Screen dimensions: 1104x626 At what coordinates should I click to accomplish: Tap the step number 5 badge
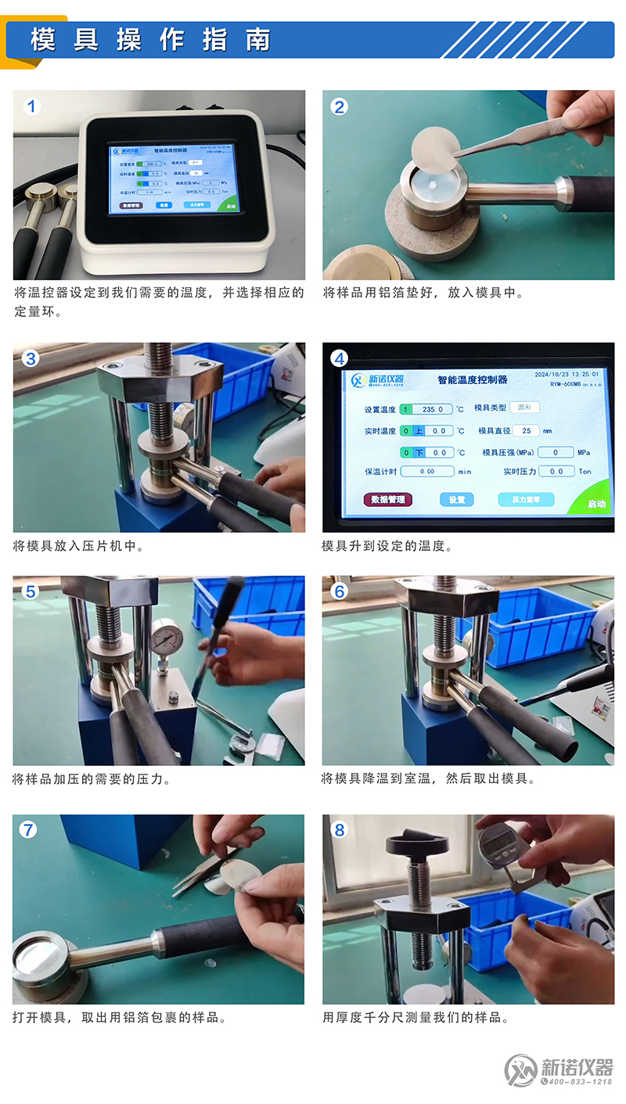click(31, 592)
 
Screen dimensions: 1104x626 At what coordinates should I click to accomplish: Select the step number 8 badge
click(340, 830)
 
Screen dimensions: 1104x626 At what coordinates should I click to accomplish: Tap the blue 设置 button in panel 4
click(456, 499)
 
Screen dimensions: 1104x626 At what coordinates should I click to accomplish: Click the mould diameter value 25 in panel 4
click(527, 430)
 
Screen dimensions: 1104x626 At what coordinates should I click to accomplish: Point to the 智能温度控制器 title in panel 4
click(472, 379)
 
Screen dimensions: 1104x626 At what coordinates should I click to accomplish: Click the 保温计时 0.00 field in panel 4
click(427, 472)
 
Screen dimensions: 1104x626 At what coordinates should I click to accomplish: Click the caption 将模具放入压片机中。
click(78, 546)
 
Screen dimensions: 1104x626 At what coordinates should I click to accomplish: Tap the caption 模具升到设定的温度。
click(387, 546)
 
